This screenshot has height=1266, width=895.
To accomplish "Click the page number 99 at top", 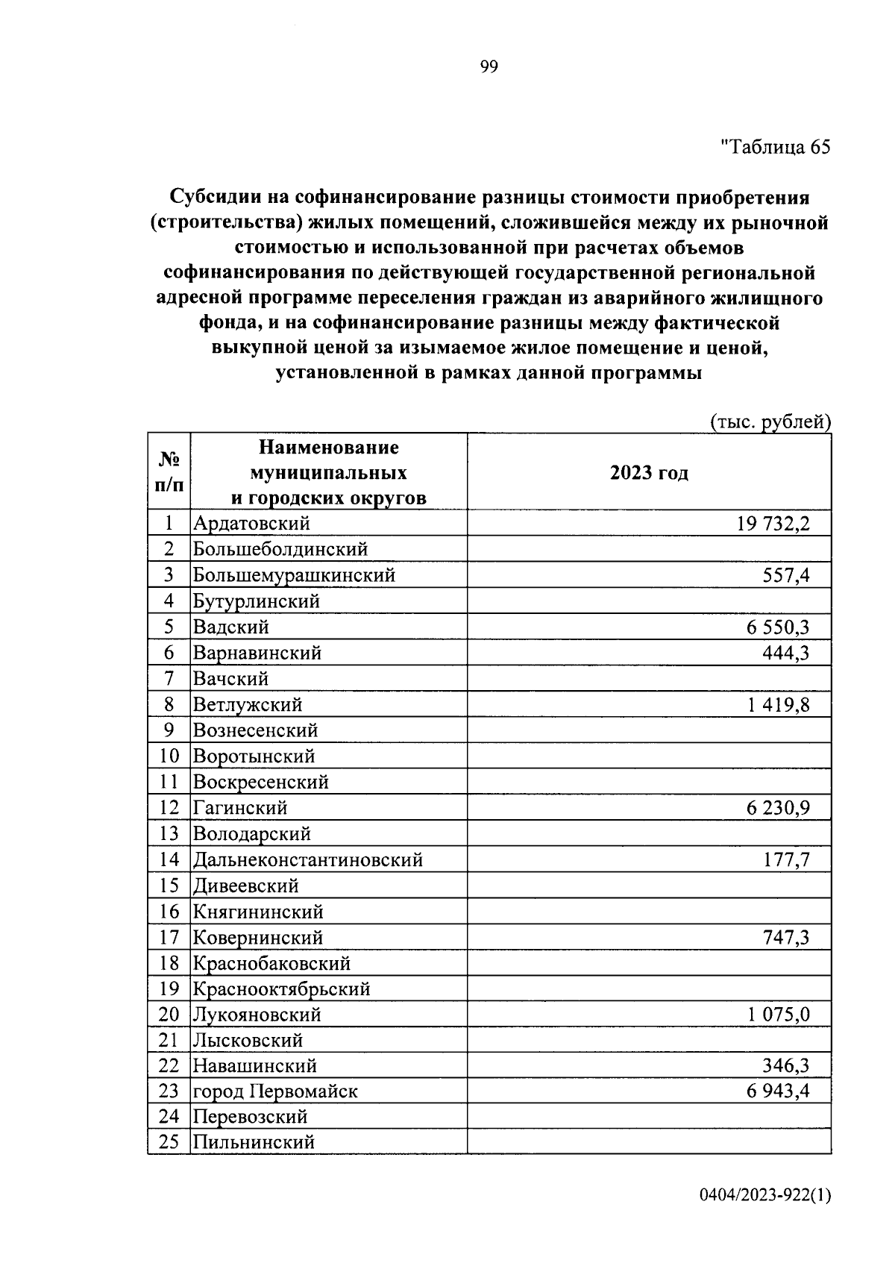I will click(489, 68).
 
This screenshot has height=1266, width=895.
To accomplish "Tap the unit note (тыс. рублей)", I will click(770, 422).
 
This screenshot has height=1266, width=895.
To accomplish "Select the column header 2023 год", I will click(649, 473).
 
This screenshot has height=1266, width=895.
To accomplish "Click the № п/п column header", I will click(169, 471).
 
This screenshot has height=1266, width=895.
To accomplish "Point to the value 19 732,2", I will click(773, 524).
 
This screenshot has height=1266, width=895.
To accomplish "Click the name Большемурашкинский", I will click(294, 575).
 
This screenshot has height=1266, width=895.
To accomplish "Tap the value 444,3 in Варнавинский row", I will click(786, 653).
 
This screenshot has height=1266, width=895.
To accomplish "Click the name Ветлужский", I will click(248, 704).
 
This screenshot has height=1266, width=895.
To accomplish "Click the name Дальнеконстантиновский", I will click(308, 859).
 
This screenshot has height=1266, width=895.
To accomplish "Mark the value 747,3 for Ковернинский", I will click(786, 937).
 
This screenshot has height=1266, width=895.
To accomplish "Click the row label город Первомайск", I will click(275, 1091).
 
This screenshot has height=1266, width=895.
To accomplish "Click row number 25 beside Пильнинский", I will click(169, 1142).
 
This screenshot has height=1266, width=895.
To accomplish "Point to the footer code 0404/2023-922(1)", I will click(764, 1196).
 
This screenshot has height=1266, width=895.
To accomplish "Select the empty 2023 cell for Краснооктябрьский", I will click(649, 988).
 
